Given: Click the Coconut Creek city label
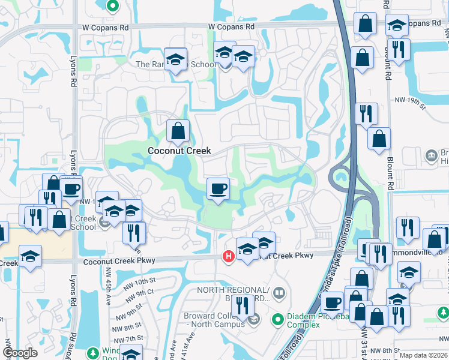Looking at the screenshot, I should click(180, 151).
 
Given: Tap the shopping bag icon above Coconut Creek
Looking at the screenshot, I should click(178, 130).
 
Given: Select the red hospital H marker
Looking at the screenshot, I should click(228, 256).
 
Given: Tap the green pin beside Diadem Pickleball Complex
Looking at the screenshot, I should click(277, 318).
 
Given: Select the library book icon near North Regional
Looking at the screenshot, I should click(278, 293).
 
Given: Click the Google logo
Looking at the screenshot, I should click(20, 353).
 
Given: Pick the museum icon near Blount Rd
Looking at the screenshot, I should click(431, 156).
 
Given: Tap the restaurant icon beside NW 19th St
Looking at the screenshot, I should click(366, 113).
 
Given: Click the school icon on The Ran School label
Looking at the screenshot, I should click(175, 59).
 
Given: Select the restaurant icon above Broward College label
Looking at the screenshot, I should click(242, 305).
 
